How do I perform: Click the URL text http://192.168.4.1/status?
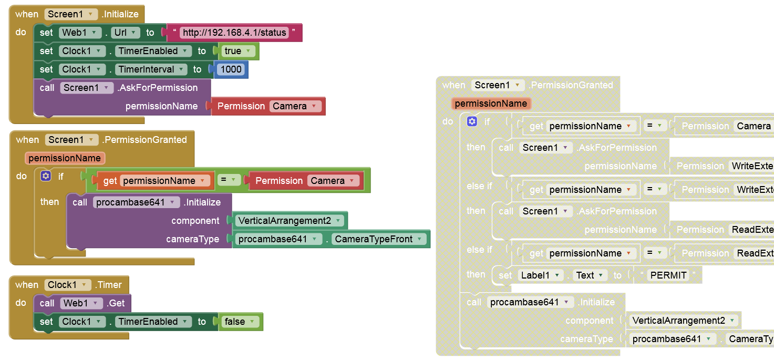(234, 33)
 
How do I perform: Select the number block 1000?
(231, 69)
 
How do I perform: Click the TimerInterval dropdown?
(151, 69)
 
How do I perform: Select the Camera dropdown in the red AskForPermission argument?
(296, 106)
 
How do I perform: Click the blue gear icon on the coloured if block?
(46, 177)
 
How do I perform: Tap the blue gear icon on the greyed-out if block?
(472, 122)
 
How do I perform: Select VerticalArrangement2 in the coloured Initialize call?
(290, 221)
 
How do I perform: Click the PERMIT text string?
(668, 275)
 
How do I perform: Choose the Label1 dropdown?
(541, 275)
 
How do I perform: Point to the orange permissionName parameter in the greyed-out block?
(491, 104)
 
